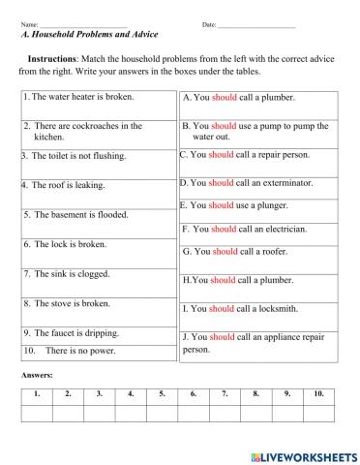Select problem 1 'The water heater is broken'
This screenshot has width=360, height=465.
pyautogui.click(x=81, y=97)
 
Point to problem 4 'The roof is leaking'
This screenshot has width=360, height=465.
pyautogui.click(x=69, y=184)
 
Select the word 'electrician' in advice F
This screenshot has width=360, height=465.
pyautogui.click(x=285, y=229)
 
